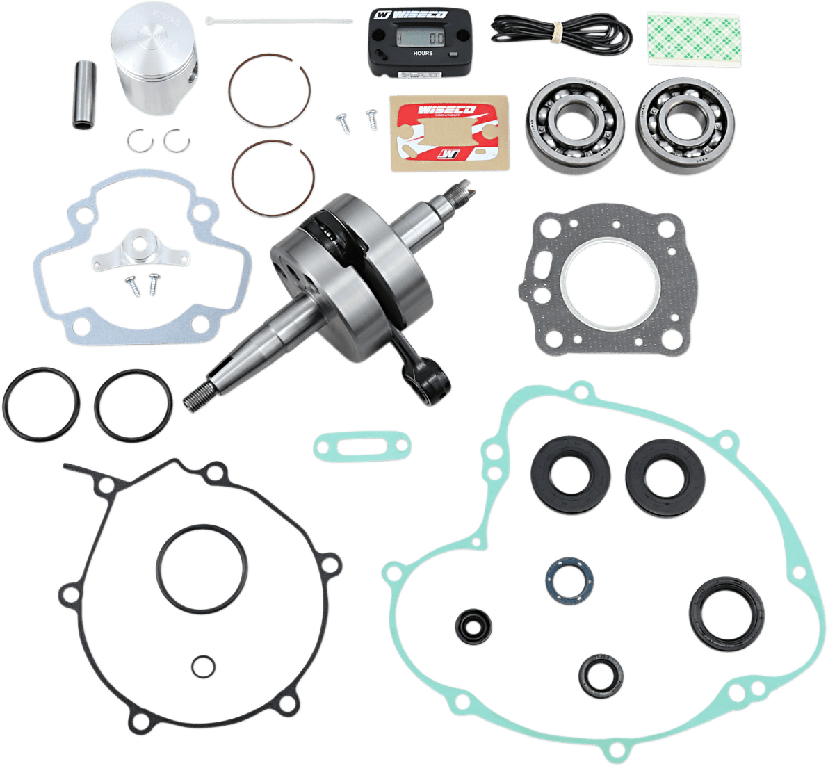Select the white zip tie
pyautogui.click(x=278, y=20)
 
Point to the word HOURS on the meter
pyautogui.click(x=423, y=53)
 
